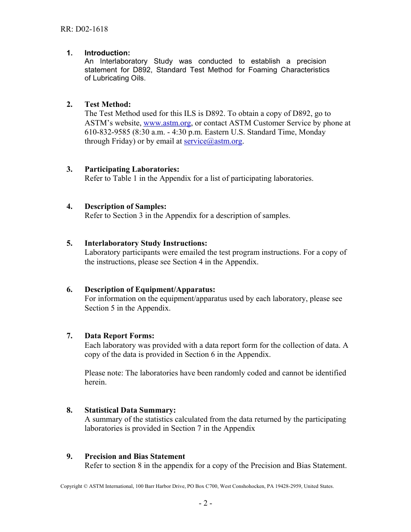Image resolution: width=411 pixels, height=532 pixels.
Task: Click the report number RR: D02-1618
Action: pos(84,29)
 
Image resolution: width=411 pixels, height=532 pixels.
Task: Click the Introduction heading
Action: pos(107,53)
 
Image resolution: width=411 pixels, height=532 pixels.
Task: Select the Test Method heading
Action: pos(107,104)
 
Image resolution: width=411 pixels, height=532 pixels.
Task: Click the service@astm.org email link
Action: pos(213,141)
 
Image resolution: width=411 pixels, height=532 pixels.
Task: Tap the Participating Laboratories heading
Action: pos(132,169)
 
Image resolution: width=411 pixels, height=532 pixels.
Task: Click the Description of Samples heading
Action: pos(125,206)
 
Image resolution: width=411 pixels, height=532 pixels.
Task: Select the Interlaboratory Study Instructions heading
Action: pos(146,243)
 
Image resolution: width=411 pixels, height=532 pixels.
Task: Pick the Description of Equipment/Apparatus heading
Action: pos(150,289)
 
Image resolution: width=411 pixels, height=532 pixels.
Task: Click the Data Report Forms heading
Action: pos(119,336)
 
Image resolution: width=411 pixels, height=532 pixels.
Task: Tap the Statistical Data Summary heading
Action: pos(130,410)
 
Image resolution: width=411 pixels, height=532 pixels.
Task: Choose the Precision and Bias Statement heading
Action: pos(135,456)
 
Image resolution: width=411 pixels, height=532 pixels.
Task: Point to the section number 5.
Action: pos(69,243)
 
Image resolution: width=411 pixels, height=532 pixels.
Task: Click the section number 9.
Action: pos(69,456)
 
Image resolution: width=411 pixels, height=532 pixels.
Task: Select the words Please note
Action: pos(103,373)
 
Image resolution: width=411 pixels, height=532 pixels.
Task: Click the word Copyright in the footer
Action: pos(71,486)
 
